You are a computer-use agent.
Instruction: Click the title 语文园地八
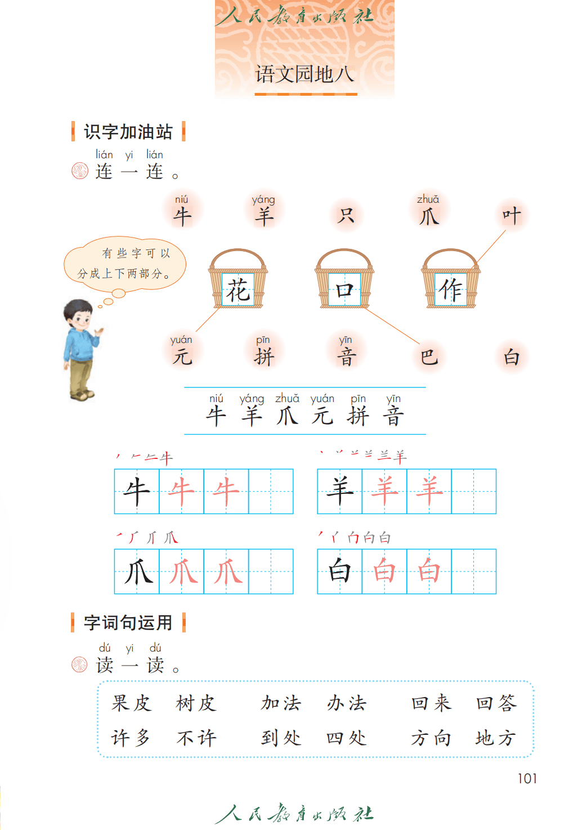(304, 74)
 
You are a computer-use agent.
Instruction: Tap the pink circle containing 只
(346, 215)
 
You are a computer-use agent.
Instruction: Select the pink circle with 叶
(512, 215)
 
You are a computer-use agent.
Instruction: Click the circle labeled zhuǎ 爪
(429, 209)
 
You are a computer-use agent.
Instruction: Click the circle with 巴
(429, 356)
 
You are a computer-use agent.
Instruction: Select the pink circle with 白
(512, 356)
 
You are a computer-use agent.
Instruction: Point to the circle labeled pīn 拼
(264, 351)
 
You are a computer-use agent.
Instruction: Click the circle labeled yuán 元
(182, 351)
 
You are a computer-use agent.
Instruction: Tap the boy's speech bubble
(125, 264)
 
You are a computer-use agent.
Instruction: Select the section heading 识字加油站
(128, 132)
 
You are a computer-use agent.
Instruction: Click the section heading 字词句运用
(128, 623)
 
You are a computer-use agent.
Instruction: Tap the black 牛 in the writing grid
(136, 492)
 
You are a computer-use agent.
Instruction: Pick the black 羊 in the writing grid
(339, 492)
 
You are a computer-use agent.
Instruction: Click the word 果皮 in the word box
(131, 703)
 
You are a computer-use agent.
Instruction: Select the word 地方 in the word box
(495, 738)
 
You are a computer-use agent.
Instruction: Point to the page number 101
(527, 778)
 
